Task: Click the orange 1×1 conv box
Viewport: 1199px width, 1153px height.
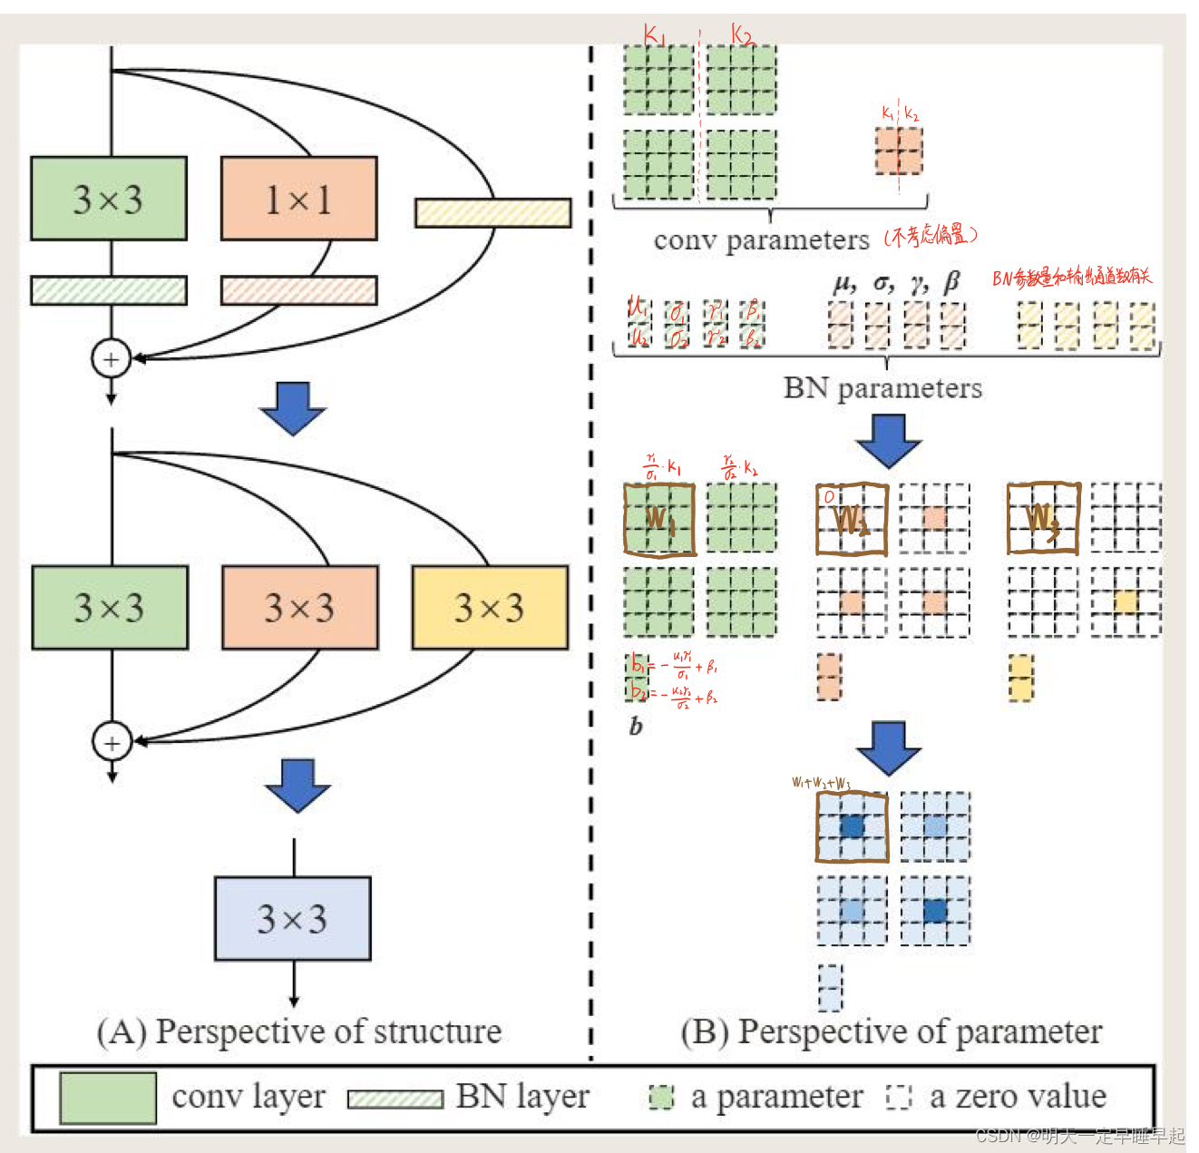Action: [x=298, y=199]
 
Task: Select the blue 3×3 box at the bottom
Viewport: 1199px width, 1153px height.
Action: [x=292, y=918]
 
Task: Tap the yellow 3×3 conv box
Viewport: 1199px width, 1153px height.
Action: [x=490, y=607]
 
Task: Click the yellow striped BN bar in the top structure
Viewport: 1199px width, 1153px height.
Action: [x=492, y=213]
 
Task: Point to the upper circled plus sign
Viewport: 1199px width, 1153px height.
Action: [x=111, y=358]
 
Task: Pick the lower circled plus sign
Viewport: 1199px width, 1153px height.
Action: [x=112, y=742]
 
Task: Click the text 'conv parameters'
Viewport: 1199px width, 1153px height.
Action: [x=761, y=240]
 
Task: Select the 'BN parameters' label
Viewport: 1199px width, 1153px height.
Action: [x=882, y=388]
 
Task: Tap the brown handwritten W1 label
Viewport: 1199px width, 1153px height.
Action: [x=659, y=519]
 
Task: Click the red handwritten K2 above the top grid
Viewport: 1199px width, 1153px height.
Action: [x=743, y=35]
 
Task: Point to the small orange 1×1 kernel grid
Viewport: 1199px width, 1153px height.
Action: [x=899, y=151]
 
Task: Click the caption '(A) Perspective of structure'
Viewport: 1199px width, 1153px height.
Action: [x=299, y=1031]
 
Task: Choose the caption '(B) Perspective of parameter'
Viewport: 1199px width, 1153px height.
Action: [x=892, y=1031]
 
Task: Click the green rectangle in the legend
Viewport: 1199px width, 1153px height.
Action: [x=108, y=1098]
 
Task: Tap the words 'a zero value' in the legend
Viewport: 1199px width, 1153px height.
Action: [x=1018, y=1097]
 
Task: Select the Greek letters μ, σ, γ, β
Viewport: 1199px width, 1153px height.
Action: [x=896, y=283]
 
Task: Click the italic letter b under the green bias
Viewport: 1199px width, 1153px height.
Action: [x=636, y=727]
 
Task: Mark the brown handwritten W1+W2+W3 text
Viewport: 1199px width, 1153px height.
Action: [x=821, y=783]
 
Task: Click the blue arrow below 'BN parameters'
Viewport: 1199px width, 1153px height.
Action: [x=888, y=441]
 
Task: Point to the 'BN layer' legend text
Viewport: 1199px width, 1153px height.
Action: [x=522, y=1097]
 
